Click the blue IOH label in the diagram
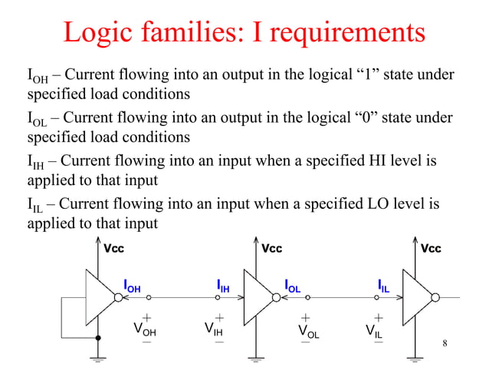point(132,287)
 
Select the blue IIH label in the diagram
point(223,287)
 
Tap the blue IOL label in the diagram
point(292,287)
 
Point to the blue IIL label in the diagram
point(384,287)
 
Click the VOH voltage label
point(144,331)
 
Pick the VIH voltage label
point(214,331)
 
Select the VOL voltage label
point(308,331)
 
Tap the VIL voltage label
point(375,331)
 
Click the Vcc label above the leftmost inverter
point(113,249)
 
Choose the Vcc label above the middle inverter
point(272,249)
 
